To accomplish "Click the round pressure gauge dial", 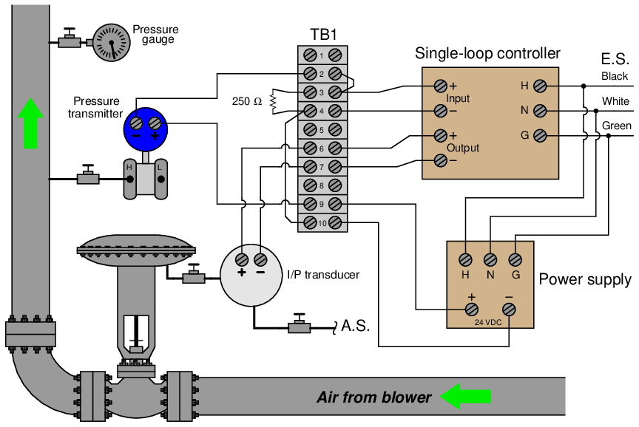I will click(x=111, y=42).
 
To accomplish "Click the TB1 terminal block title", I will click(x=324, y=34).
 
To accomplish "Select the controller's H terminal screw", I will click(x=541, y=86).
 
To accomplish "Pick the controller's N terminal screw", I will click(x=541, y=111).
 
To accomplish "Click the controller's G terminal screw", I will click(x=541, y=136).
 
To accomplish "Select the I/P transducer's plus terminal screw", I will click(x=241, y=259).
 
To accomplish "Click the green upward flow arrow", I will click(x=30, y=123).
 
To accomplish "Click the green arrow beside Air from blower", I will click(x=466, y=397).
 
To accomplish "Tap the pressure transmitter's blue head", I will click(x=146, y=126).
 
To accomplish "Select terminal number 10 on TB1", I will click(x=323, y=222).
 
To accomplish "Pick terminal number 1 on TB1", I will click(x=323, y=55).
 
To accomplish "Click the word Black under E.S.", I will click(x=615, y=76).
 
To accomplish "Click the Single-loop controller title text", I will click(x=487, y=53).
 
